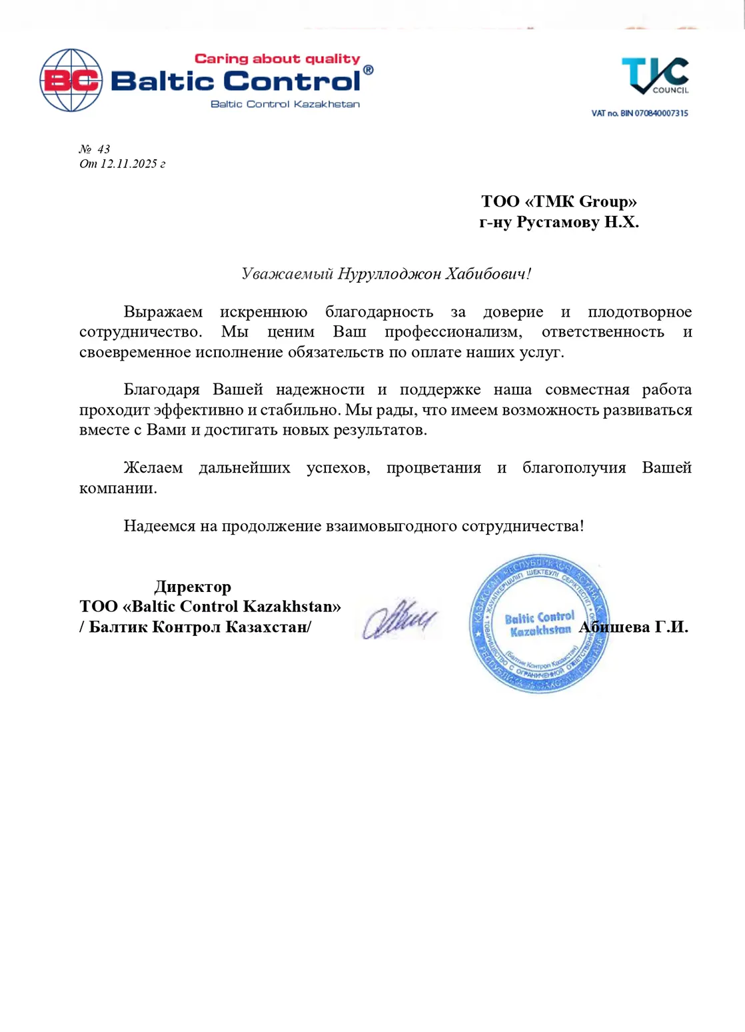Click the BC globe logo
pyautogui.click(x=71, y=80)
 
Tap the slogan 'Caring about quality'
pyautogui.click(x=277, y=59)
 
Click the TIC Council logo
pyautogui.click(x=654, y=75)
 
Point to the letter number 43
pyautogui.click(x=103, y=149)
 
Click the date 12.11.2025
pyautogui.click(x=129, y=164)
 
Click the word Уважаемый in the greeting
pyautogui.click(x=287, y=273)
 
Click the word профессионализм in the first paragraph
pyautogui.click(x=453, y=331)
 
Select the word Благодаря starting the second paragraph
pyautogui.click(x=161, y=389)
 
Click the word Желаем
pyautogui.click(x=153, y=467)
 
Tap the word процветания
pyautogui.click(x=433, y=467)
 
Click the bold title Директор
pyautogui.click(x=193, y=587)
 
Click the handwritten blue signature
pyautogui.click(x=399, y=619)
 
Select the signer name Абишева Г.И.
pyautogui.click(x=634, y=627)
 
